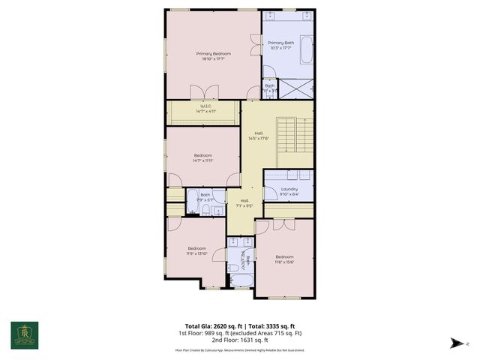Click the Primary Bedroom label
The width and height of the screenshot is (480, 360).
point(213,54)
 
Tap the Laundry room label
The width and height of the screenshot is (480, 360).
point(289,189)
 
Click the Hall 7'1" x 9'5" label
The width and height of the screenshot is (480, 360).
point(244,203)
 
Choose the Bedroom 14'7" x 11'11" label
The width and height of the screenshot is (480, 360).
point(202,157)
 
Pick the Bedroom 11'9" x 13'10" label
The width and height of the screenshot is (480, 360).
point(197,250)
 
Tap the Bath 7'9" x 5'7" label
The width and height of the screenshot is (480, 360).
point(205,197)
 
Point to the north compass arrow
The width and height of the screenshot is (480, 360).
point(454,343)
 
